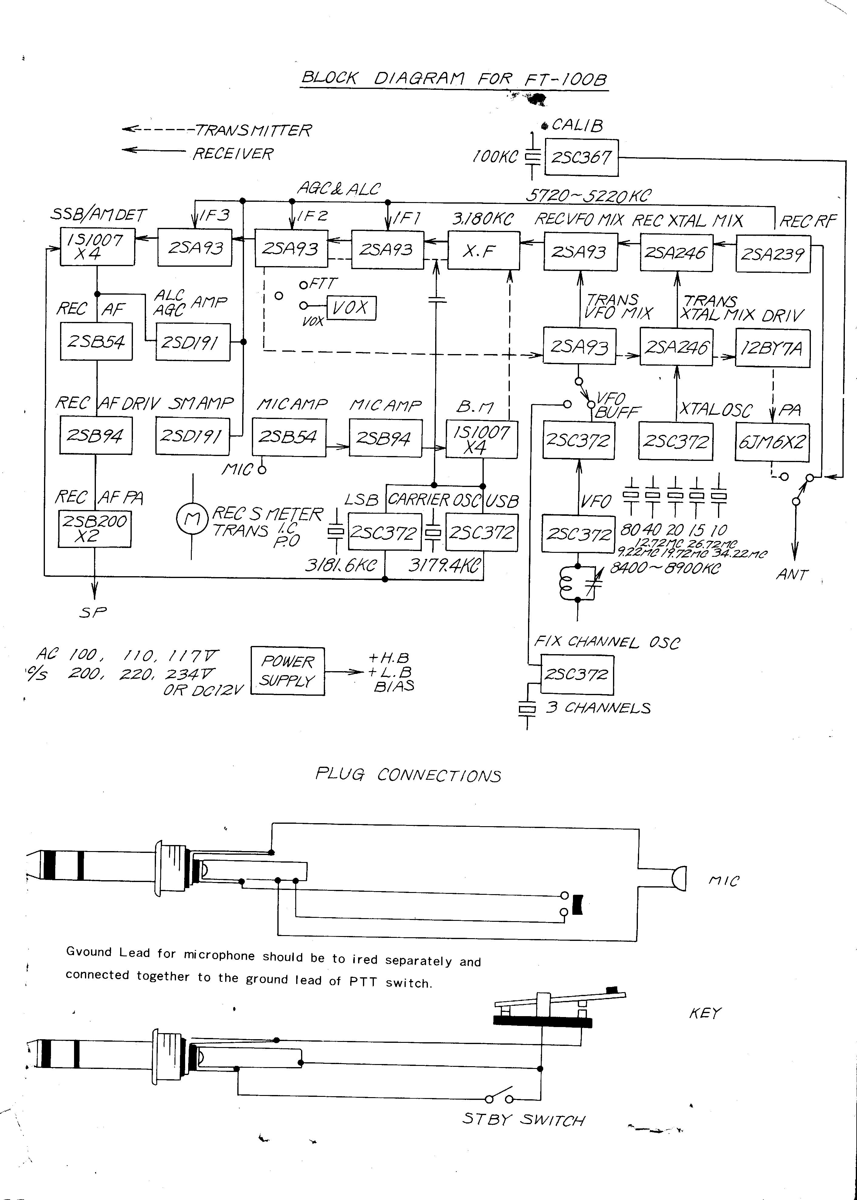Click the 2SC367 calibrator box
[581, 157]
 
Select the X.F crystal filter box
[483, 251]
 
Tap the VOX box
[351, 308]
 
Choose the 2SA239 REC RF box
[773, 254]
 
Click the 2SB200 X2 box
[94, 529]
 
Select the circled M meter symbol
[191, 519]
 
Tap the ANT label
[791, 574]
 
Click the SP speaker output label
[93, 612]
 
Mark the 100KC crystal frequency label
[495, 157]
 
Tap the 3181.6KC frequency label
[341, 566]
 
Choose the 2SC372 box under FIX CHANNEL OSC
[577, 674]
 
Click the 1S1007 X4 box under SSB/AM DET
[97, 246]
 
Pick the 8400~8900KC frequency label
[665, 568]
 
